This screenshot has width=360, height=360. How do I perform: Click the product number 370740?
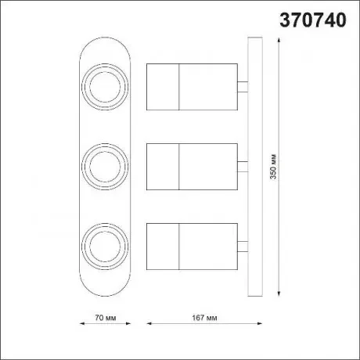click(313, 20)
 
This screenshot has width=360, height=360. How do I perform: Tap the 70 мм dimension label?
click(106, 318)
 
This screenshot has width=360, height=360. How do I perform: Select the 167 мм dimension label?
click(204, 318)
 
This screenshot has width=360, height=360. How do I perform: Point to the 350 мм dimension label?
click(273, 167)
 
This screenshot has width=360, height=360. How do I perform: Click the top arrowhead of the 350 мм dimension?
click(279, 40)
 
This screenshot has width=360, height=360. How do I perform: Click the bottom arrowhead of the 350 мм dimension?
click(279, 293)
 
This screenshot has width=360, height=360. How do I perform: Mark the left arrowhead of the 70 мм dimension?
click(82, 323)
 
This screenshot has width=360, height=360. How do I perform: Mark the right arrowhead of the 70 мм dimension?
click(128, 323)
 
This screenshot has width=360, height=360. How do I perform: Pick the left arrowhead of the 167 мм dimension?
click(149, 323)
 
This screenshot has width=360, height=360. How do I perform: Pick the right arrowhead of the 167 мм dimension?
click(259, 323)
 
